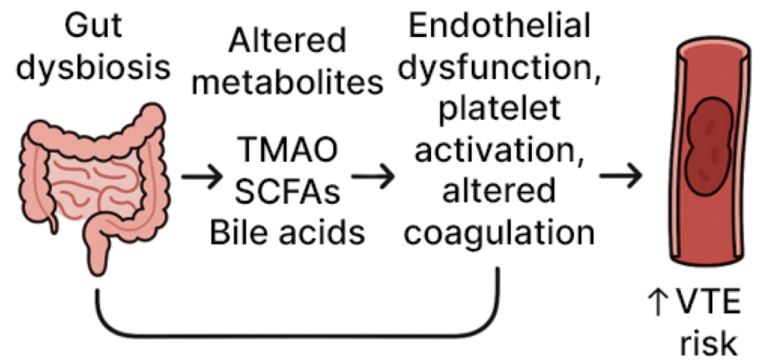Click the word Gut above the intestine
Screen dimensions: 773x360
93,25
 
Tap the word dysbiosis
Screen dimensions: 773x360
93,69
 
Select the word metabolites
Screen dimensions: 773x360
288,83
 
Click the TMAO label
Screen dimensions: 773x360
288,150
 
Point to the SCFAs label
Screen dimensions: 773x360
288,192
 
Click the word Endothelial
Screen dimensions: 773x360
499,25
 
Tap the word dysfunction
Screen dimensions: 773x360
499,69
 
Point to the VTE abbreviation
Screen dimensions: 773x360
709,302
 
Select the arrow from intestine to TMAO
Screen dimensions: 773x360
202,177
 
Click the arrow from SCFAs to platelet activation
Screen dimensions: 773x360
373,176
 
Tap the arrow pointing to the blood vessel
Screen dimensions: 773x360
621,175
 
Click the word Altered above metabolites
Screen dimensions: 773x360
288,40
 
